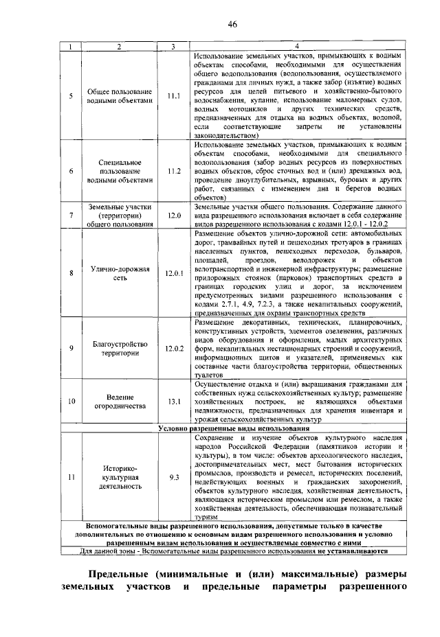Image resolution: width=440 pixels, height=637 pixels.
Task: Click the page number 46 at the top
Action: pos(232,25)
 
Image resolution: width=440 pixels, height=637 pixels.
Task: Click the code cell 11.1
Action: pos(173,96)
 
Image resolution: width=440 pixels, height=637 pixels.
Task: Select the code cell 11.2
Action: pos(173,170)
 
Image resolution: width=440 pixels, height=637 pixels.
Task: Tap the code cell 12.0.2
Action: pos(174,348)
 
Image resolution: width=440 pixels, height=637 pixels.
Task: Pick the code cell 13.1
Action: pos(173,401)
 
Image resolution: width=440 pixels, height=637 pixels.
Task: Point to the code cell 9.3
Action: pos(173,476)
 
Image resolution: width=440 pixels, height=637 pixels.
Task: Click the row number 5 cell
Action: pos(71,96)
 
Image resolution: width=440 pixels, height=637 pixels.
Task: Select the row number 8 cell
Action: pos(71,273)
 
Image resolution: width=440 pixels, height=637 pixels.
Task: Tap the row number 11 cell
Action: pos(71,476)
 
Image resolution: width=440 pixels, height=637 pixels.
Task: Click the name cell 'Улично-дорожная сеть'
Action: pos(120,273)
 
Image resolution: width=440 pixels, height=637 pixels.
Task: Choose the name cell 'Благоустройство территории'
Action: pos(120,348)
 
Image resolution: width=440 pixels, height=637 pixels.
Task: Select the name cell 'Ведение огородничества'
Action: pos(120,401)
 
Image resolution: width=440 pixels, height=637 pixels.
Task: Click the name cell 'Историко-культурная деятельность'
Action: pos(120,476)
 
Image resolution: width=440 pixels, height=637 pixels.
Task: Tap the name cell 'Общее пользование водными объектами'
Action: pos(120,96)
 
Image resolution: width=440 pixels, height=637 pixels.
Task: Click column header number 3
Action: pos(173,46)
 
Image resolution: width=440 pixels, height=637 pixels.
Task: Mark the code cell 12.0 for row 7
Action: pos(173,216)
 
